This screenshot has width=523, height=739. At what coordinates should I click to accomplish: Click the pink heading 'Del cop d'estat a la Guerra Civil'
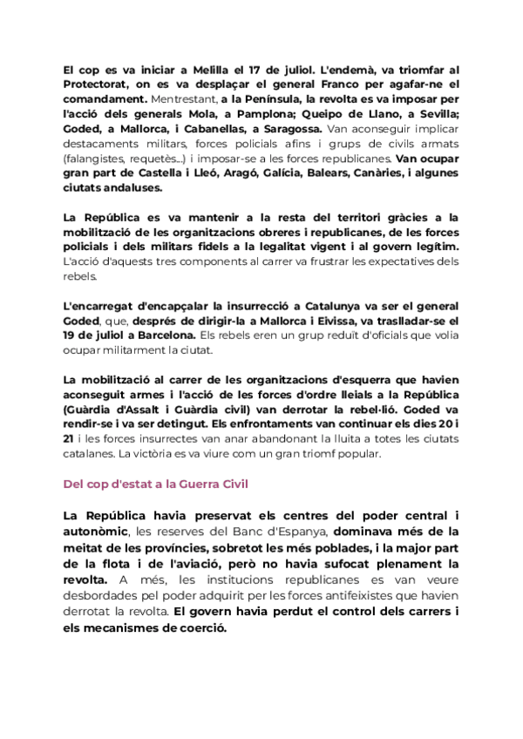tap(155, 483)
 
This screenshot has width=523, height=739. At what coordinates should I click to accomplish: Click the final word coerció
tap(198, 628)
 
